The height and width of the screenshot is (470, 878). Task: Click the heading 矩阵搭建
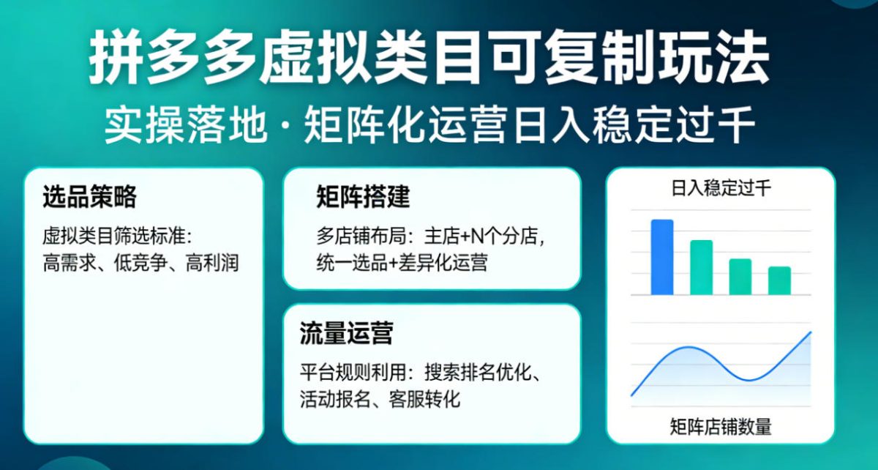tap(363, 197)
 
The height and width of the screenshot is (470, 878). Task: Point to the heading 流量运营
tap(346, 333)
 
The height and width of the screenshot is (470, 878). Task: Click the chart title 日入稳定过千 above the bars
tap(721, 189)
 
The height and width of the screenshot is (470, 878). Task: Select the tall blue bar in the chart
tap(662, 257)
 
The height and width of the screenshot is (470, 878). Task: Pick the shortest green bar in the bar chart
tap(779, 280)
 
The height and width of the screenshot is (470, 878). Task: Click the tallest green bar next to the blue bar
tap(701, 267)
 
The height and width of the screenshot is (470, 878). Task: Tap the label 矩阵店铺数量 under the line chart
tap(721, 427)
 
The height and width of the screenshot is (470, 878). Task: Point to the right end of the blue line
tap(810, 333)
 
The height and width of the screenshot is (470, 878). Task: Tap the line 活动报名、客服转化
tap(380, 400)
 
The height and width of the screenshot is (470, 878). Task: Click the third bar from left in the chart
tap(740, 277)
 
